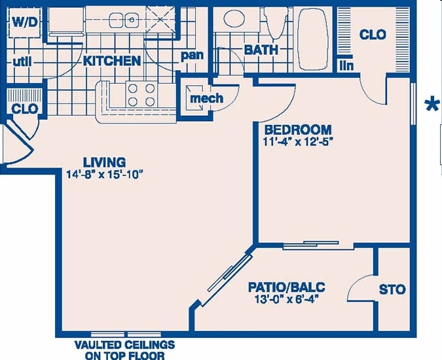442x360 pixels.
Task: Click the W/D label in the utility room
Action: [x=25, y=21]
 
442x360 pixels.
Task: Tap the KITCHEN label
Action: [x=111, y=61]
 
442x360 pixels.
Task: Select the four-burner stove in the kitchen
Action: [x=141, y=95]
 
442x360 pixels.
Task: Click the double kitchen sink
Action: [x=124, y=20]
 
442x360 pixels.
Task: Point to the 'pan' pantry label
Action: [x=192, y=56]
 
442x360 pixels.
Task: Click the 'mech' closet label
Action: [x=206, y=98]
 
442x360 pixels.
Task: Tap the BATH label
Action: [x=261, y=50]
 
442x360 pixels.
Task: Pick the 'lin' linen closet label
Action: [x=345, y=65]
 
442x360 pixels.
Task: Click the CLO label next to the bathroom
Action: [x=373, y=34]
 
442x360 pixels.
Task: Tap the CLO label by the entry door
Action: [x=25, y=109]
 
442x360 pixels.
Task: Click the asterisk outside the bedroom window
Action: [x=432, y=105]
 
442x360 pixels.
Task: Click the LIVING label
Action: [x=104, y=162]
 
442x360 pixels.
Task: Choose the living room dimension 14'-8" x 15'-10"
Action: [x=104, y=174]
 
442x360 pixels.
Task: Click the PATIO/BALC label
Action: [x=287, y=287]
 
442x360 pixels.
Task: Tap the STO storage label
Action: [x=392, y=289]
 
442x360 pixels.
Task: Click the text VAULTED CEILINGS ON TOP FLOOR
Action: [x=124, y=350]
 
